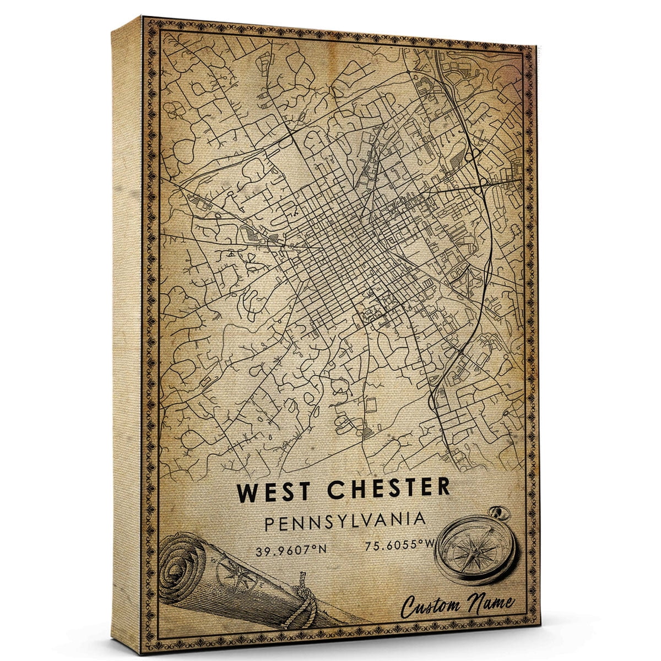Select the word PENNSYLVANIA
[x=345, y=521]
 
